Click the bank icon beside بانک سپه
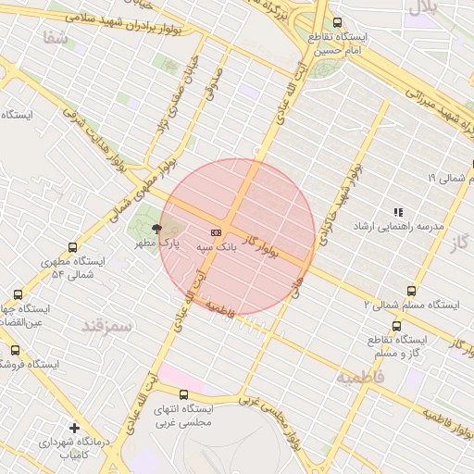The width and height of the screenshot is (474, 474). coord(216,231)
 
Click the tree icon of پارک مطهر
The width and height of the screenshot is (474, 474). coord(156,228)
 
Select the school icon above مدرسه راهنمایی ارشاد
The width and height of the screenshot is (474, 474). coord(398,212)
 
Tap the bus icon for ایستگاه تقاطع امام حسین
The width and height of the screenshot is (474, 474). coord(336,22)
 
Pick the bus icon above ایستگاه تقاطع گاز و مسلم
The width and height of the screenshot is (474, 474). coord(397,326)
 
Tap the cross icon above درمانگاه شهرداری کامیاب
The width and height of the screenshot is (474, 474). coord(75,428)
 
